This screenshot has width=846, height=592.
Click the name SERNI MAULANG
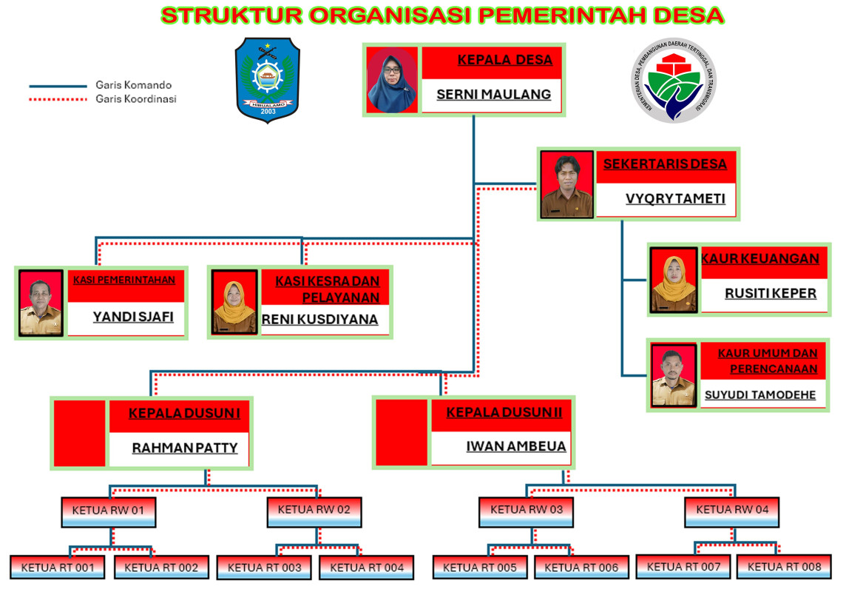coord(493,95)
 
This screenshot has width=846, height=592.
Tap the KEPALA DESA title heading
coord(505,60)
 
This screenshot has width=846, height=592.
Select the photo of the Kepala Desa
coord(392,81)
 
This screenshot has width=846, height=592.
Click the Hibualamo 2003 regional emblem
coord(268,80)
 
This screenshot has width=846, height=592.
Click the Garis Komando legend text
coord(133,85)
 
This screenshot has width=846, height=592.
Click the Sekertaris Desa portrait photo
coord(566,184)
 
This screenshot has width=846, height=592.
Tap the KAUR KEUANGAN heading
coord(760,258)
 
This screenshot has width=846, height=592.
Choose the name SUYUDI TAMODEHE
coord(759,394)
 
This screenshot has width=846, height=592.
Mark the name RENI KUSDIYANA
coord(320,320)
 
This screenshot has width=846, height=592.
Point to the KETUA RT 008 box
coord(784,567)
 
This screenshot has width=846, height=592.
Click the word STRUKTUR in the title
coord(223,15)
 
